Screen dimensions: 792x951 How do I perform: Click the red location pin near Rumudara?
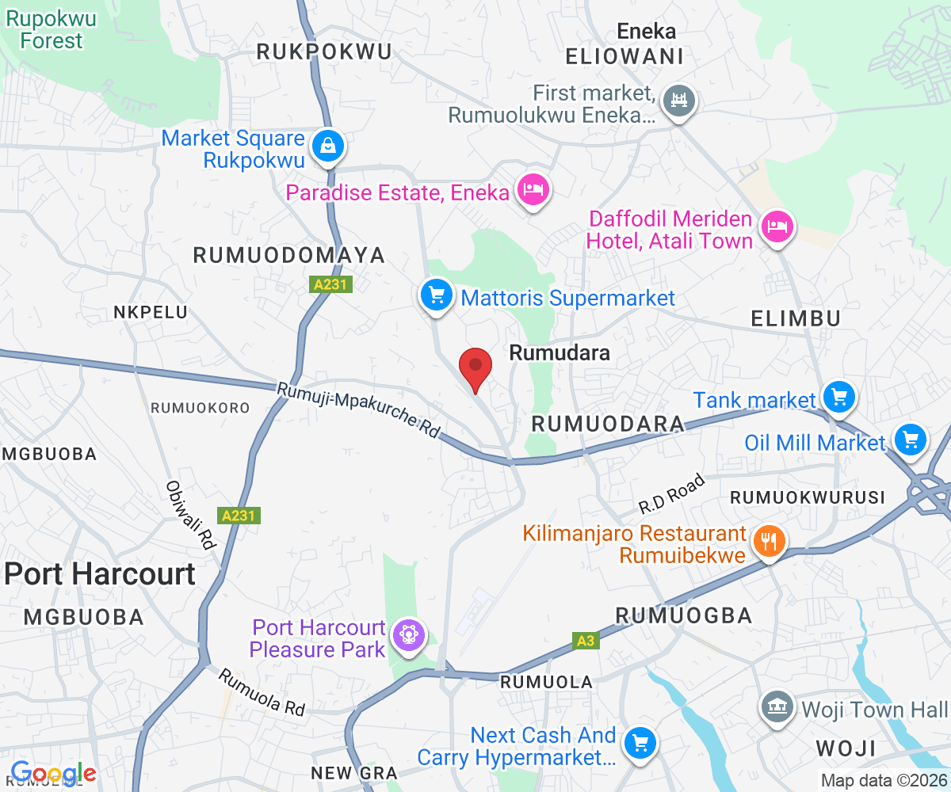(x=475, y=367)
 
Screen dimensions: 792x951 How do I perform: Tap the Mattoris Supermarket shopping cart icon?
(x=435, y=295)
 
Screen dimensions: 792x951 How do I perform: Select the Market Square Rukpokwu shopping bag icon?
(x=327, y=146)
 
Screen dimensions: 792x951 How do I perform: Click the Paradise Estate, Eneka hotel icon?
(x=533, y=189)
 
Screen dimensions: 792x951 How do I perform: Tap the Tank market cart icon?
(x=839, y=395)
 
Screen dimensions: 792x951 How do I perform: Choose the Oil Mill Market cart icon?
(x=910, y=438)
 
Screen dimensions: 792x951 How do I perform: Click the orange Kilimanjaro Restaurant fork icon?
(x=768, y=542)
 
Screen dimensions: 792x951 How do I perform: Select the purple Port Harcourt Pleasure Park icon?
(x=409, y=635)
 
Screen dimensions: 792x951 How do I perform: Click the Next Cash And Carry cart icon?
(x=639, y=742)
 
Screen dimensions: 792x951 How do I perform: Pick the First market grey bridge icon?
(x=678, y=101)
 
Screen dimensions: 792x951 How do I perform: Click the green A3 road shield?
(x=585, y=640)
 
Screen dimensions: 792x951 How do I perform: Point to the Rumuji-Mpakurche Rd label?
(x=358, y=410)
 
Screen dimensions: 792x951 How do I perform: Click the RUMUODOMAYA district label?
(x=289, y=255)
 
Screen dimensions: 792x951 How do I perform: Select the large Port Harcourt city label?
(x=100, y=573)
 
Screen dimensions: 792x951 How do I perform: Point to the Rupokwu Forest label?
(x=52, y=29)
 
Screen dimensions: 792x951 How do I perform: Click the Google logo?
(x=53, y=773)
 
